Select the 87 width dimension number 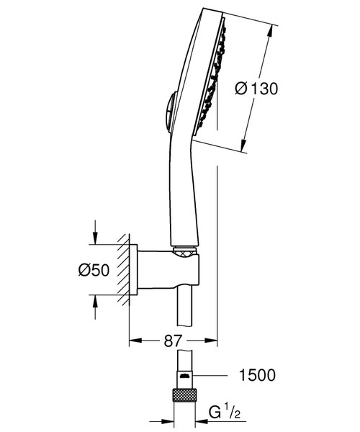coord(172,340)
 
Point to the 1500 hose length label coord(257,376)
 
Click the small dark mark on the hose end coord(184,377)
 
